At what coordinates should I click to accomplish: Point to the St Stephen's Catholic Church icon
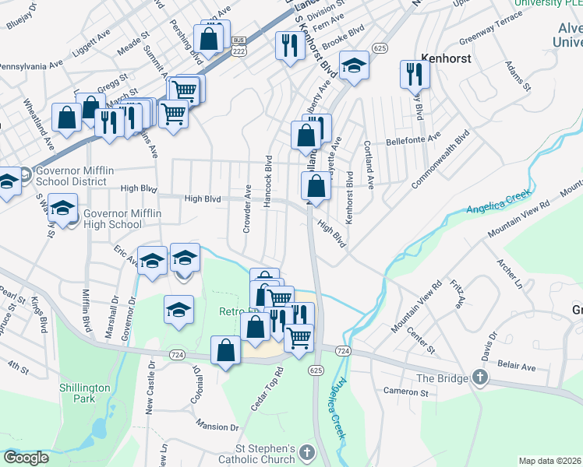[308, 453]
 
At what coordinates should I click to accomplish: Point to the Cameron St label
[405, 393]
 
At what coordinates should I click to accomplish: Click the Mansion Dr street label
[217, 427]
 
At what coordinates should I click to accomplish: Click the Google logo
[26, 458]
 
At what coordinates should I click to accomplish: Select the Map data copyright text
[549, 461]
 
